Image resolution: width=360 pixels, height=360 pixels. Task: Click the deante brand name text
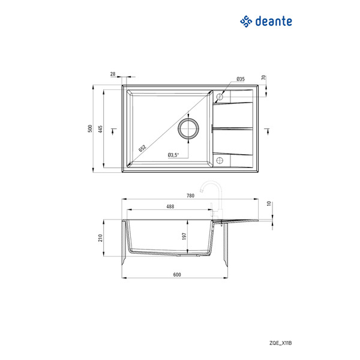point(274,22)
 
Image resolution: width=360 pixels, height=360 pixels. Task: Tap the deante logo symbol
point(246,22)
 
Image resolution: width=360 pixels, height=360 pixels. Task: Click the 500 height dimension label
point(90,128)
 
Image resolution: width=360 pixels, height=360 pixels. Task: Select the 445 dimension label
point(100,129)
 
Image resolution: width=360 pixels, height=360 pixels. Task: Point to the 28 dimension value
point(113,74)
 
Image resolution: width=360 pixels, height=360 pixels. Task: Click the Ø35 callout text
point(241,79)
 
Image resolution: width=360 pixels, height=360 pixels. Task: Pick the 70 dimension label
point(263,77)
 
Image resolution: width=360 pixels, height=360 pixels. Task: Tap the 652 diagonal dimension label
point(142,148)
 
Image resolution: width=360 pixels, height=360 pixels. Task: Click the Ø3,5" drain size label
point(173,155)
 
